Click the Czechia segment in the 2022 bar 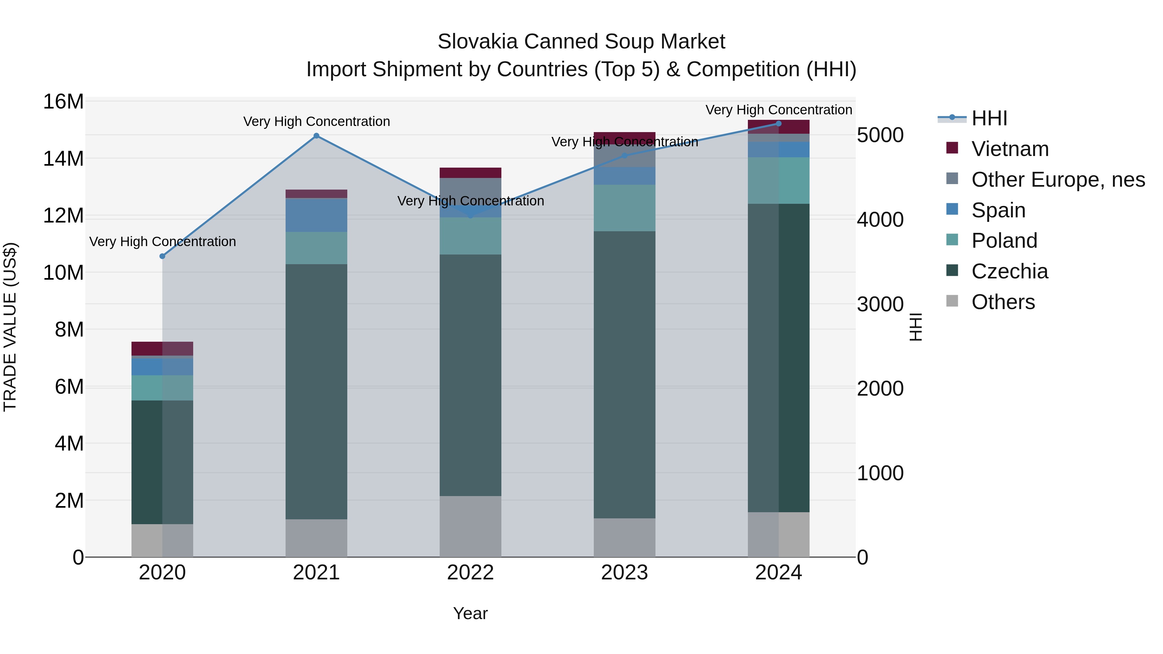coord(470,375)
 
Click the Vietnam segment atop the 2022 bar coord(470,173)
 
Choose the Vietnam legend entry coord(1010,149)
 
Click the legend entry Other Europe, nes coord(1058,180)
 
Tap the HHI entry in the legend coord(989,118)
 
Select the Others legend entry coord(1003,302)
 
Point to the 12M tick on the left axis coord(63,216)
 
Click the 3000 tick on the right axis coord(880,304)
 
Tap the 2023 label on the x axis coord(624,573)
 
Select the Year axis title coord(470,613)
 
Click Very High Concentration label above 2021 coord(317,121)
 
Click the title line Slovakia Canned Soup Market coord(581,42)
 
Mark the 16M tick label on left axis coord(63,101)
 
